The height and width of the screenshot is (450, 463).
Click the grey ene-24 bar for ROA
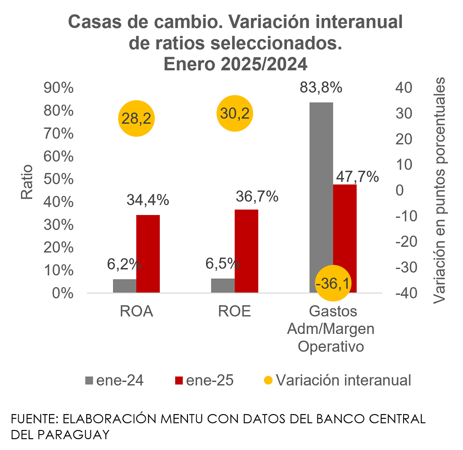124,286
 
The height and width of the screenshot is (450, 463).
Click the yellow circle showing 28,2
137,118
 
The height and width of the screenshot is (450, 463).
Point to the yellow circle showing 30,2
235,113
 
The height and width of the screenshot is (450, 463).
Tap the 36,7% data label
257,196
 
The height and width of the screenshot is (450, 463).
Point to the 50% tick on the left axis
59,179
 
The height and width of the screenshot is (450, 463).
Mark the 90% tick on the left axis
59,88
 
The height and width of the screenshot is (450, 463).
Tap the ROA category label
136,312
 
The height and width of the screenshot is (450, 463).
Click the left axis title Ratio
27,181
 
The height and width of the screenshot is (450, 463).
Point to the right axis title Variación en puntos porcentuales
439,191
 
